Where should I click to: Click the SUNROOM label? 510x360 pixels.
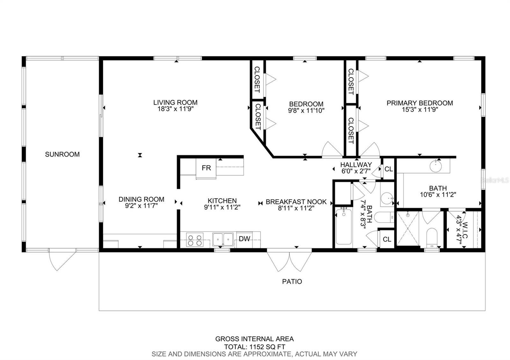click(62, 155)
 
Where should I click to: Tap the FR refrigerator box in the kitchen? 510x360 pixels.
click(206, 168)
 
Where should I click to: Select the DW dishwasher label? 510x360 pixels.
click(244, 239)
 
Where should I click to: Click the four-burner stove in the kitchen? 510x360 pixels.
click(195, 240)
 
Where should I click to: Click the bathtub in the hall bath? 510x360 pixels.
click(344, 227)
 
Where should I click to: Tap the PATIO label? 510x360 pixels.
click(292, 282)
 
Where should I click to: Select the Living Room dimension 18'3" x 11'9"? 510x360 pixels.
click(175, 109)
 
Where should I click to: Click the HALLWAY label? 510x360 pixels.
click(356, 165)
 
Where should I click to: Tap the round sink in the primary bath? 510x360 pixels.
click(435, 166)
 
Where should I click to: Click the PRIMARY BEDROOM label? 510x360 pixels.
click(419, 103)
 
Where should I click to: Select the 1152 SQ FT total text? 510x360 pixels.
click(255, 347)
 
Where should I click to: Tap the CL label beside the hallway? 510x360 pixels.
click(389, 169)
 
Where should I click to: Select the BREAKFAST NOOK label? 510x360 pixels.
click(296, 202)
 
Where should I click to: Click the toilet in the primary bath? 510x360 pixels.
click(431, 238)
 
